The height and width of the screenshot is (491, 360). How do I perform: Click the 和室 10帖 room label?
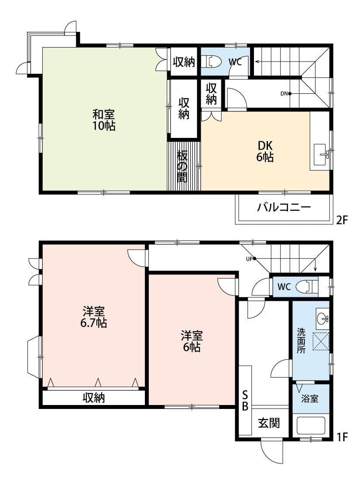tap(104, 120)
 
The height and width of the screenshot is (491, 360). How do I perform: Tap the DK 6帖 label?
tap(264, 151)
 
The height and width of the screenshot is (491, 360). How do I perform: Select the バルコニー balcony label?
tap(284, 207)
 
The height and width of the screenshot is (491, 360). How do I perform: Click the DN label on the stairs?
tap(284, 93)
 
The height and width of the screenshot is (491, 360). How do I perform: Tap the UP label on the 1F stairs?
tap(250, 258)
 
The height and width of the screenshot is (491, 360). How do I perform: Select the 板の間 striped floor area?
tap(183, 166)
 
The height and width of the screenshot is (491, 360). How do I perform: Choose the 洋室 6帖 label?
tap(192, 341)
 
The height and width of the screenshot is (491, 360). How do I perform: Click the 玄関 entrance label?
tap(268, 422)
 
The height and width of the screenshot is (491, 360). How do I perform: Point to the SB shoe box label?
tap(245, 401)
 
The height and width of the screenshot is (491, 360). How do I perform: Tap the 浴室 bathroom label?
tap(310, 398)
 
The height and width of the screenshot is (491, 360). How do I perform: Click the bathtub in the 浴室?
tap(311, 426)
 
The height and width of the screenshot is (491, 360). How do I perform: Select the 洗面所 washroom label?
tap(301, 340)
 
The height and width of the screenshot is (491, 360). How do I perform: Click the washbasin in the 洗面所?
tap(322, 318)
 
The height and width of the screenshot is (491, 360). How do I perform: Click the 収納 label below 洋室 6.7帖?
tap(94, 398)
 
